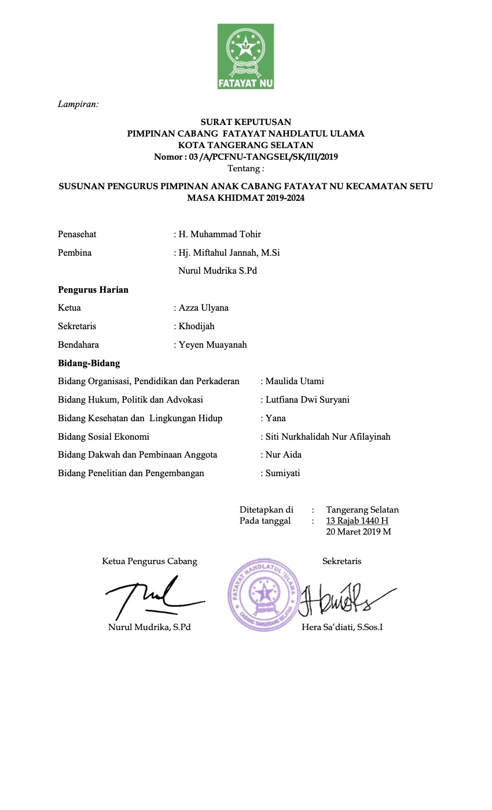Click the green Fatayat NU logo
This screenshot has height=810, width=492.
(x=245, y=56)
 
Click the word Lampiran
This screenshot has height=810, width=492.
(x=78, y=104)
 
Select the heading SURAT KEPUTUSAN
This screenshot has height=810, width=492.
(x=245, y=122)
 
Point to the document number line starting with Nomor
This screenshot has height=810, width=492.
(x=245, y=157)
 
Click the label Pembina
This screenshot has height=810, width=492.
(x=75, y=253)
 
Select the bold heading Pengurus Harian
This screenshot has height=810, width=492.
(x=93, y=290)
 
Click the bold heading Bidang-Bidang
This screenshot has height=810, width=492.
(x=89, y=363)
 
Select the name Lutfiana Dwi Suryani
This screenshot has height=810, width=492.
(x=307, y=400)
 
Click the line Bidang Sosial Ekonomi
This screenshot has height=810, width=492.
(x=104, y=437)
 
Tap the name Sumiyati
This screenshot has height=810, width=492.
(x=282, y=473)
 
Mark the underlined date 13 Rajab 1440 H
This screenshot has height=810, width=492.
(x=357, y=521)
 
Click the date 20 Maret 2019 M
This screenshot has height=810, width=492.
(x=359, y=531)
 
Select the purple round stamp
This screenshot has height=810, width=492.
(x=266, y=594)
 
